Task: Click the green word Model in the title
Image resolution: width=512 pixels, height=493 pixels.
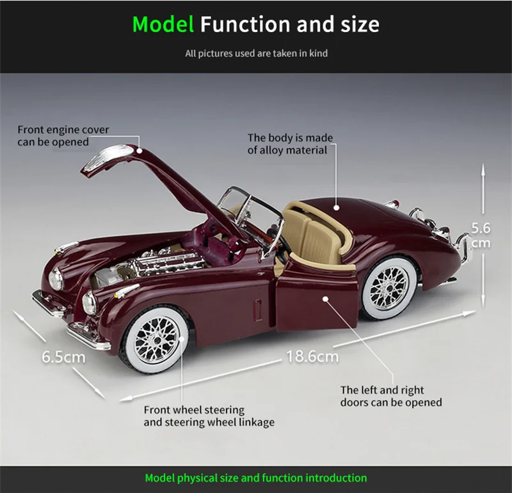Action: pos(163,24)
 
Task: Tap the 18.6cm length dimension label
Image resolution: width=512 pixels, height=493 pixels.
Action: pos(312,356)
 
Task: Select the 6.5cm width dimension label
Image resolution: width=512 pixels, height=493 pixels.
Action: pos(63,356)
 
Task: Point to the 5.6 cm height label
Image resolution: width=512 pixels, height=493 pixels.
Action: pos(481,235)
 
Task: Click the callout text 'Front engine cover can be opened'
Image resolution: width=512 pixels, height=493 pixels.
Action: pos(63,136)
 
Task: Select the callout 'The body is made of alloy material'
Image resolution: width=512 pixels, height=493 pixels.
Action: pos(290,144)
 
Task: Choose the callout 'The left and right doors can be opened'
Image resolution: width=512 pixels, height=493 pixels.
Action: pos(390,396)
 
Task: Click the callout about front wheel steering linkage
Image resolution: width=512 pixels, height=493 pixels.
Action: pos(209,416)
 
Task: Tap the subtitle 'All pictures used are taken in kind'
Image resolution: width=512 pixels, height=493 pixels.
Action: pos(256,54)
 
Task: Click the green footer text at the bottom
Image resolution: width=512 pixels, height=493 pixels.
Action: pos(256,478)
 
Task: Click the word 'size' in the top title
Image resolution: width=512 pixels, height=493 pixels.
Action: pos(355,24)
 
